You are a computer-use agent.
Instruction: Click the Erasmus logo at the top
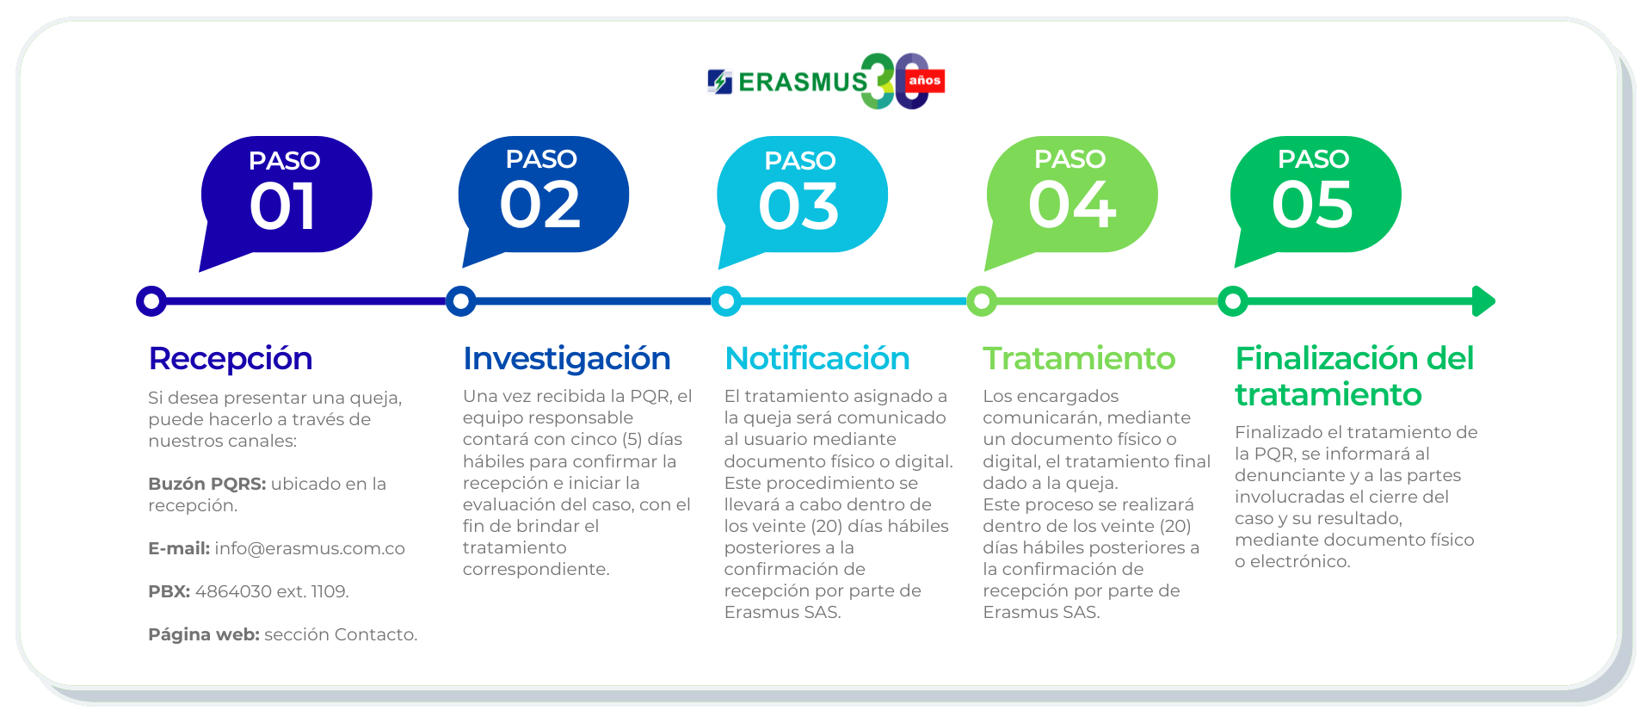[826, 81]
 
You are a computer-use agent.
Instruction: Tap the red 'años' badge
[925, 81]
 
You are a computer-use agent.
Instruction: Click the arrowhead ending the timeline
[1483, 301]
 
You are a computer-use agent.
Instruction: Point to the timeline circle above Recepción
[151, 301]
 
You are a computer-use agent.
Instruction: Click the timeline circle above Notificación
[726, 301]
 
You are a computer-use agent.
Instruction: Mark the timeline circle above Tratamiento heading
[982, 301]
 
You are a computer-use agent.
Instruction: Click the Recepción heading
[231, 358]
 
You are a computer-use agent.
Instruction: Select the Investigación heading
[567, 359]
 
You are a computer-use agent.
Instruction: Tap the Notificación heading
[817, 358]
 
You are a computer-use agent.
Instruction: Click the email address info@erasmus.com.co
[310, 548]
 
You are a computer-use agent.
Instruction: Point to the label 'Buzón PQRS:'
[206, 484]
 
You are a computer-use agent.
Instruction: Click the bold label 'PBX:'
[169, 591]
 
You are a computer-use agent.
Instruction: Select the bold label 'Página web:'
[203, 634]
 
